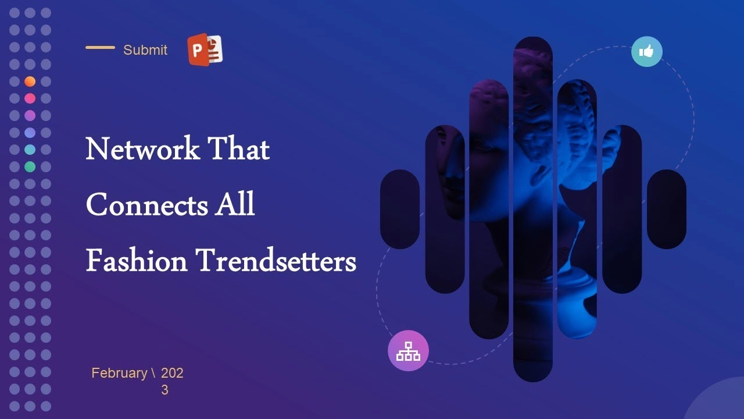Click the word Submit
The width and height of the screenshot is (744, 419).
tap(145, 50)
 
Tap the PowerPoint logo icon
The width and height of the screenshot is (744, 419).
tap(205, 49)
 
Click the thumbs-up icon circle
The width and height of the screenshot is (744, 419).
tap(647, 52)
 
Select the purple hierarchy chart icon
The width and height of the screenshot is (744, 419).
tap(408, 350)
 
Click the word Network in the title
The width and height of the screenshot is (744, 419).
tap(142, 148)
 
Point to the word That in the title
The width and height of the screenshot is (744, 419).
tap(238, 148)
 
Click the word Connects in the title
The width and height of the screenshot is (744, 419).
tap(147, 204)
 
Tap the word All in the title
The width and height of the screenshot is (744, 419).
tap(234, 204)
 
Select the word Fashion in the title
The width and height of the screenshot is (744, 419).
tap(137, 260)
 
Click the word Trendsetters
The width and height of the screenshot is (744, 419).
tap(276, 260)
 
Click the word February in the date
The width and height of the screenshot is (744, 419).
tap(119, 373)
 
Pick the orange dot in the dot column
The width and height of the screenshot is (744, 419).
tap(30, 81)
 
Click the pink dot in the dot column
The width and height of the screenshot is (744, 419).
tap(30, 98)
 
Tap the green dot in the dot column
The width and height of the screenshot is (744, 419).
tap(30, 166)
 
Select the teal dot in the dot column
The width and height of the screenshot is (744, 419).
tap(30, 150)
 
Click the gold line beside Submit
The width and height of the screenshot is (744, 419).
tap(101, 48)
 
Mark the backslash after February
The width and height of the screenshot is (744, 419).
tap(153, 373)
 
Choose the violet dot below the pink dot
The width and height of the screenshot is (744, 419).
tap(30, 115)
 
